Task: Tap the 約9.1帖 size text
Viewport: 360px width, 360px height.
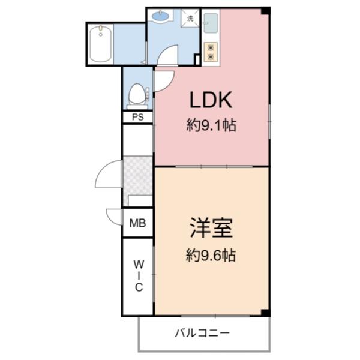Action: point(211,126)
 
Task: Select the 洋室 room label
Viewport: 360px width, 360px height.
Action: point(211,229)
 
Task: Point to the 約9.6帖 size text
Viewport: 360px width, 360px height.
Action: point(211,256)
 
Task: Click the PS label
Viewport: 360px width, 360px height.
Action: point(137,118)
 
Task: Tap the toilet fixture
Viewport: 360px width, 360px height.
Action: point(137,96)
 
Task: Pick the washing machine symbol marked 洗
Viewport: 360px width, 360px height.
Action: point(190,19)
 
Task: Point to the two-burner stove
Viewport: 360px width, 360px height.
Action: point(211,52)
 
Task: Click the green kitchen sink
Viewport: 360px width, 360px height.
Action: point(211,23)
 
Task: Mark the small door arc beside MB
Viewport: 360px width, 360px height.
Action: point(114,216)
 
